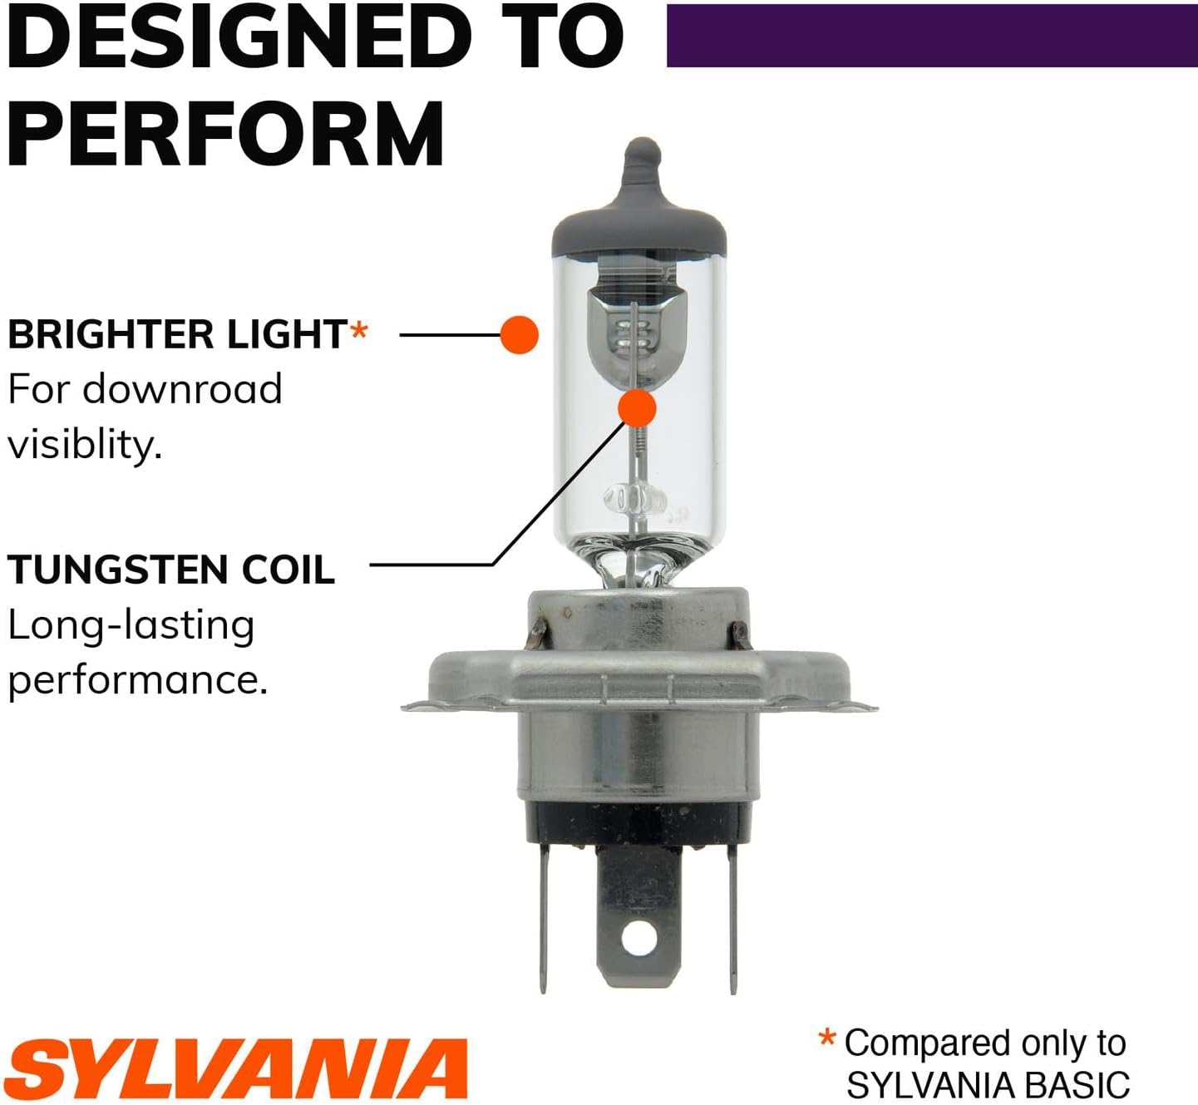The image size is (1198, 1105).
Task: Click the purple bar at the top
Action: click(x=931, y=36)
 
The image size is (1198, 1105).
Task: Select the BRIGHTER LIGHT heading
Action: click(x=177, y=334)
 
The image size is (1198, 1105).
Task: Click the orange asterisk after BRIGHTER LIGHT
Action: click(x=358, y=331)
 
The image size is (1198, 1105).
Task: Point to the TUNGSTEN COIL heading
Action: click(x=171, y=570)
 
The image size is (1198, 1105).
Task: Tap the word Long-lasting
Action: click(x=131, y=626)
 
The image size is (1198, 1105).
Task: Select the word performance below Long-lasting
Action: click(x=137, y=680)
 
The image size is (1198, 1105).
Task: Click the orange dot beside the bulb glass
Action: click(x=520, y=334)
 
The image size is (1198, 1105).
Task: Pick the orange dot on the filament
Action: click(x=638, y=407)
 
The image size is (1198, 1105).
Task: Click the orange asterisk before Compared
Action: click(x=826, y=1038)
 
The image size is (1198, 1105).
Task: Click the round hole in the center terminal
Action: click(x=638, y=940)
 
